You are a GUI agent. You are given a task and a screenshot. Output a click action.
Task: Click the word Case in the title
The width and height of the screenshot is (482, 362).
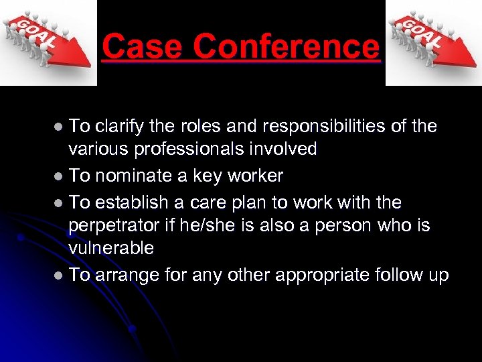[x=142, y=47]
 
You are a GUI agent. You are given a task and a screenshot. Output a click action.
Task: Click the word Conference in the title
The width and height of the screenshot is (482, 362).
[x=286, y=47]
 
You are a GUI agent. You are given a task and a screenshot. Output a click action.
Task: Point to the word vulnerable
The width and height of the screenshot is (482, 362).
[x=111, y=248]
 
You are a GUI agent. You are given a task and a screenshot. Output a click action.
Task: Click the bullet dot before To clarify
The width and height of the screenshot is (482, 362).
[x=59, y=127]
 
